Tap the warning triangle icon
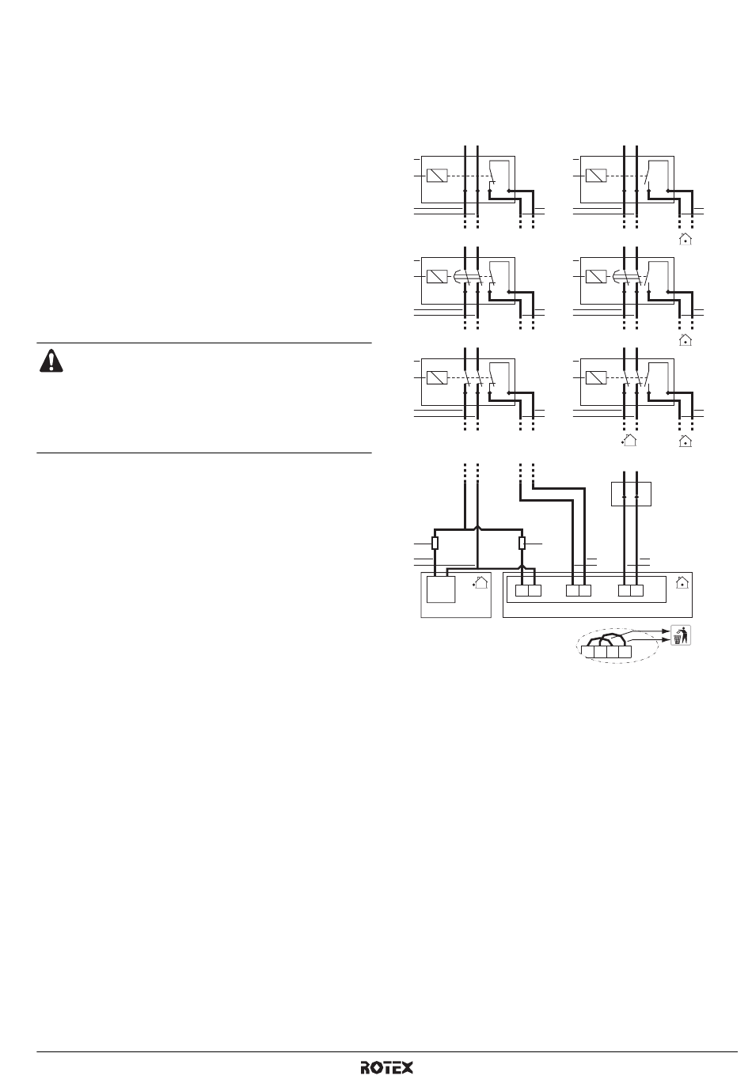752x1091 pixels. [51, 362]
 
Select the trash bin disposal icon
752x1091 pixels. [681, 635]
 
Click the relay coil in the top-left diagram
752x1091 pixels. [437, 176]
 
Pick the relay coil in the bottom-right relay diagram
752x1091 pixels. [595, 377]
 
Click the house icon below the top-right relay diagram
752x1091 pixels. [686, 239]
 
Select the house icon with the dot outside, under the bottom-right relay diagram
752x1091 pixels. [629, 441]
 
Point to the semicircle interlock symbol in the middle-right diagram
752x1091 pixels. [616, 277]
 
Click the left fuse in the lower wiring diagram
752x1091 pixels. [435, 543]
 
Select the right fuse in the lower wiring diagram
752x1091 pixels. [522, 543]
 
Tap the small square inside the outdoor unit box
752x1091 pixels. [441, 589]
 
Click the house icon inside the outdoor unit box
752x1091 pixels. [480, 582]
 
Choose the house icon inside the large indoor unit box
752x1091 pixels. [682, 582]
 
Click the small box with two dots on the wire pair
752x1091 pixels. [631, 494]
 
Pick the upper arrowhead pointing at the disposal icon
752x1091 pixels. [668, 631]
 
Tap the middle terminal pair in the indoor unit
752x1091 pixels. [579, 590]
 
